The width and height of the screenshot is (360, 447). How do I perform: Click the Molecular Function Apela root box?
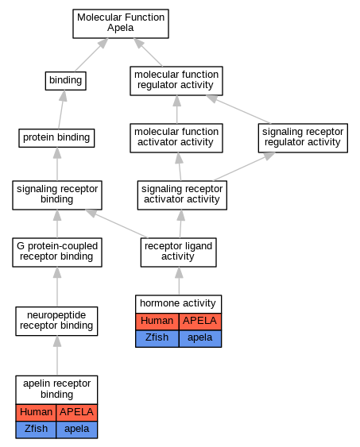(121, 24)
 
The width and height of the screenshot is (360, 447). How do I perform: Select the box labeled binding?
(66, 81)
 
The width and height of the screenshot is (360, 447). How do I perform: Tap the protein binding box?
(56, 138)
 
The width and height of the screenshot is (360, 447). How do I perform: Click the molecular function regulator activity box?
(176, 81)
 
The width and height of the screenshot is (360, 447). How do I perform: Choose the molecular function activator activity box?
(176, 138)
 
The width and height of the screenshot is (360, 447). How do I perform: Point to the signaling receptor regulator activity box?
(303, 138)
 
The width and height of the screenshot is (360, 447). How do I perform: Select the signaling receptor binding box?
(57, 195)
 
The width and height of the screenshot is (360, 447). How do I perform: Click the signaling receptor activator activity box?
(182, 195)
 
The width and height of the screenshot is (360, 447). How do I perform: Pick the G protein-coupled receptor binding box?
(57, 252)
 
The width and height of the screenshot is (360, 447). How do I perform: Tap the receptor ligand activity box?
(179, 252)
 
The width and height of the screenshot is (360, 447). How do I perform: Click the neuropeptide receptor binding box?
(56, 322)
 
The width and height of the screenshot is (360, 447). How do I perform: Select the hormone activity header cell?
(179, 304)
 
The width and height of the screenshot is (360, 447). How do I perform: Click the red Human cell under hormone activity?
(157, 322)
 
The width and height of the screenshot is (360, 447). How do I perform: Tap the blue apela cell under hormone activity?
(200, 339)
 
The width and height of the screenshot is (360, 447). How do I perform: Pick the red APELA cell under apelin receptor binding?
(77, 413)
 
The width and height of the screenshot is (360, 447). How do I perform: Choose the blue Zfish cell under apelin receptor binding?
(36, 430)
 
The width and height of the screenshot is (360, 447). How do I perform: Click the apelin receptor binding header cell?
(56, 390)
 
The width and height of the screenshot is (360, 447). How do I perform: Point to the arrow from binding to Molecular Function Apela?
(91, 55)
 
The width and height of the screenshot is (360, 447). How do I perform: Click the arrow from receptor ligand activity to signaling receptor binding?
(116, 224)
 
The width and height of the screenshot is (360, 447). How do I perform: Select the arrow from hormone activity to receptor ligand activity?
(179, 280)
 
